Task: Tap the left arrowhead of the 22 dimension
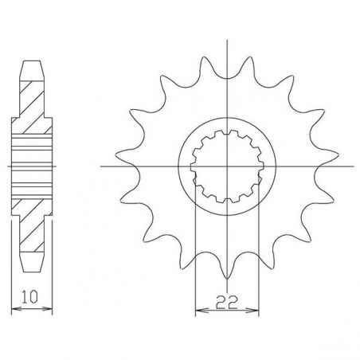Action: tap(198, 311)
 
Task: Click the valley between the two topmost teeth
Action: tap(229, 84)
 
